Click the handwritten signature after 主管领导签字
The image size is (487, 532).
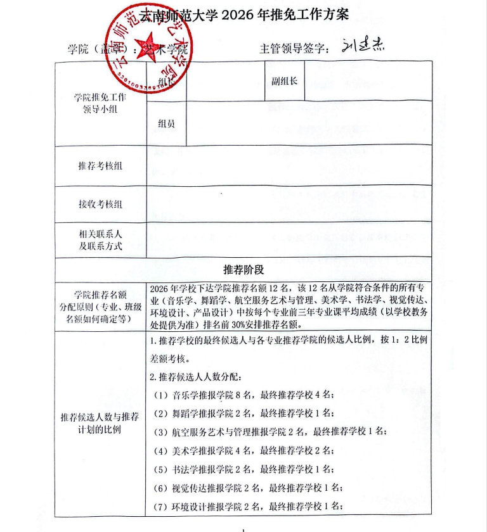pyautogui.click(x=362, y=47)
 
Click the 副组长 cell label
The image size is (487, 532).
pyautogui.click(x=285, y=81)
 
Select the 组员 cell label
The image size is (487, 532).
pyautogui.click(x=167, y=123)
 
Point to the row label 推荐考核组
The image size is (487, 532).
pyautogui.click(x=100, y=166)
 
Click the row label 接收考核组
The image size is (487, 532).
pyautogui.click(x=100, y=204)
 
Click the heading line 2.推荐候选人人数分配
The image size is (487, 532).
pyautogui.click(x=196, y=377)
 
